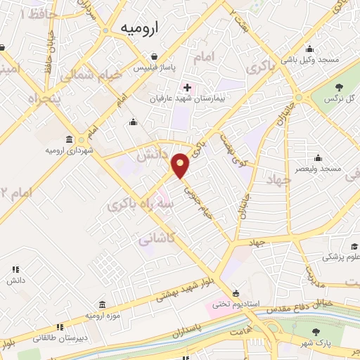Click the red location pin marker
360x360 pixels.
[x=181, y=166]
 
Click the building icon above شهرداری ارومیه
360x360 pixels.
[x=68, y=138]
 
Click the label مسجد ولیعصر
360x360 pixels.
[x=319, y=169]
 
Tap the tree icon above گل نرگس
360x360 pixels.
[x=340, y=86]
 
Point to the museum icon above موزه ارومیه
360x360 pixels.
[x=103, y=304]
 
